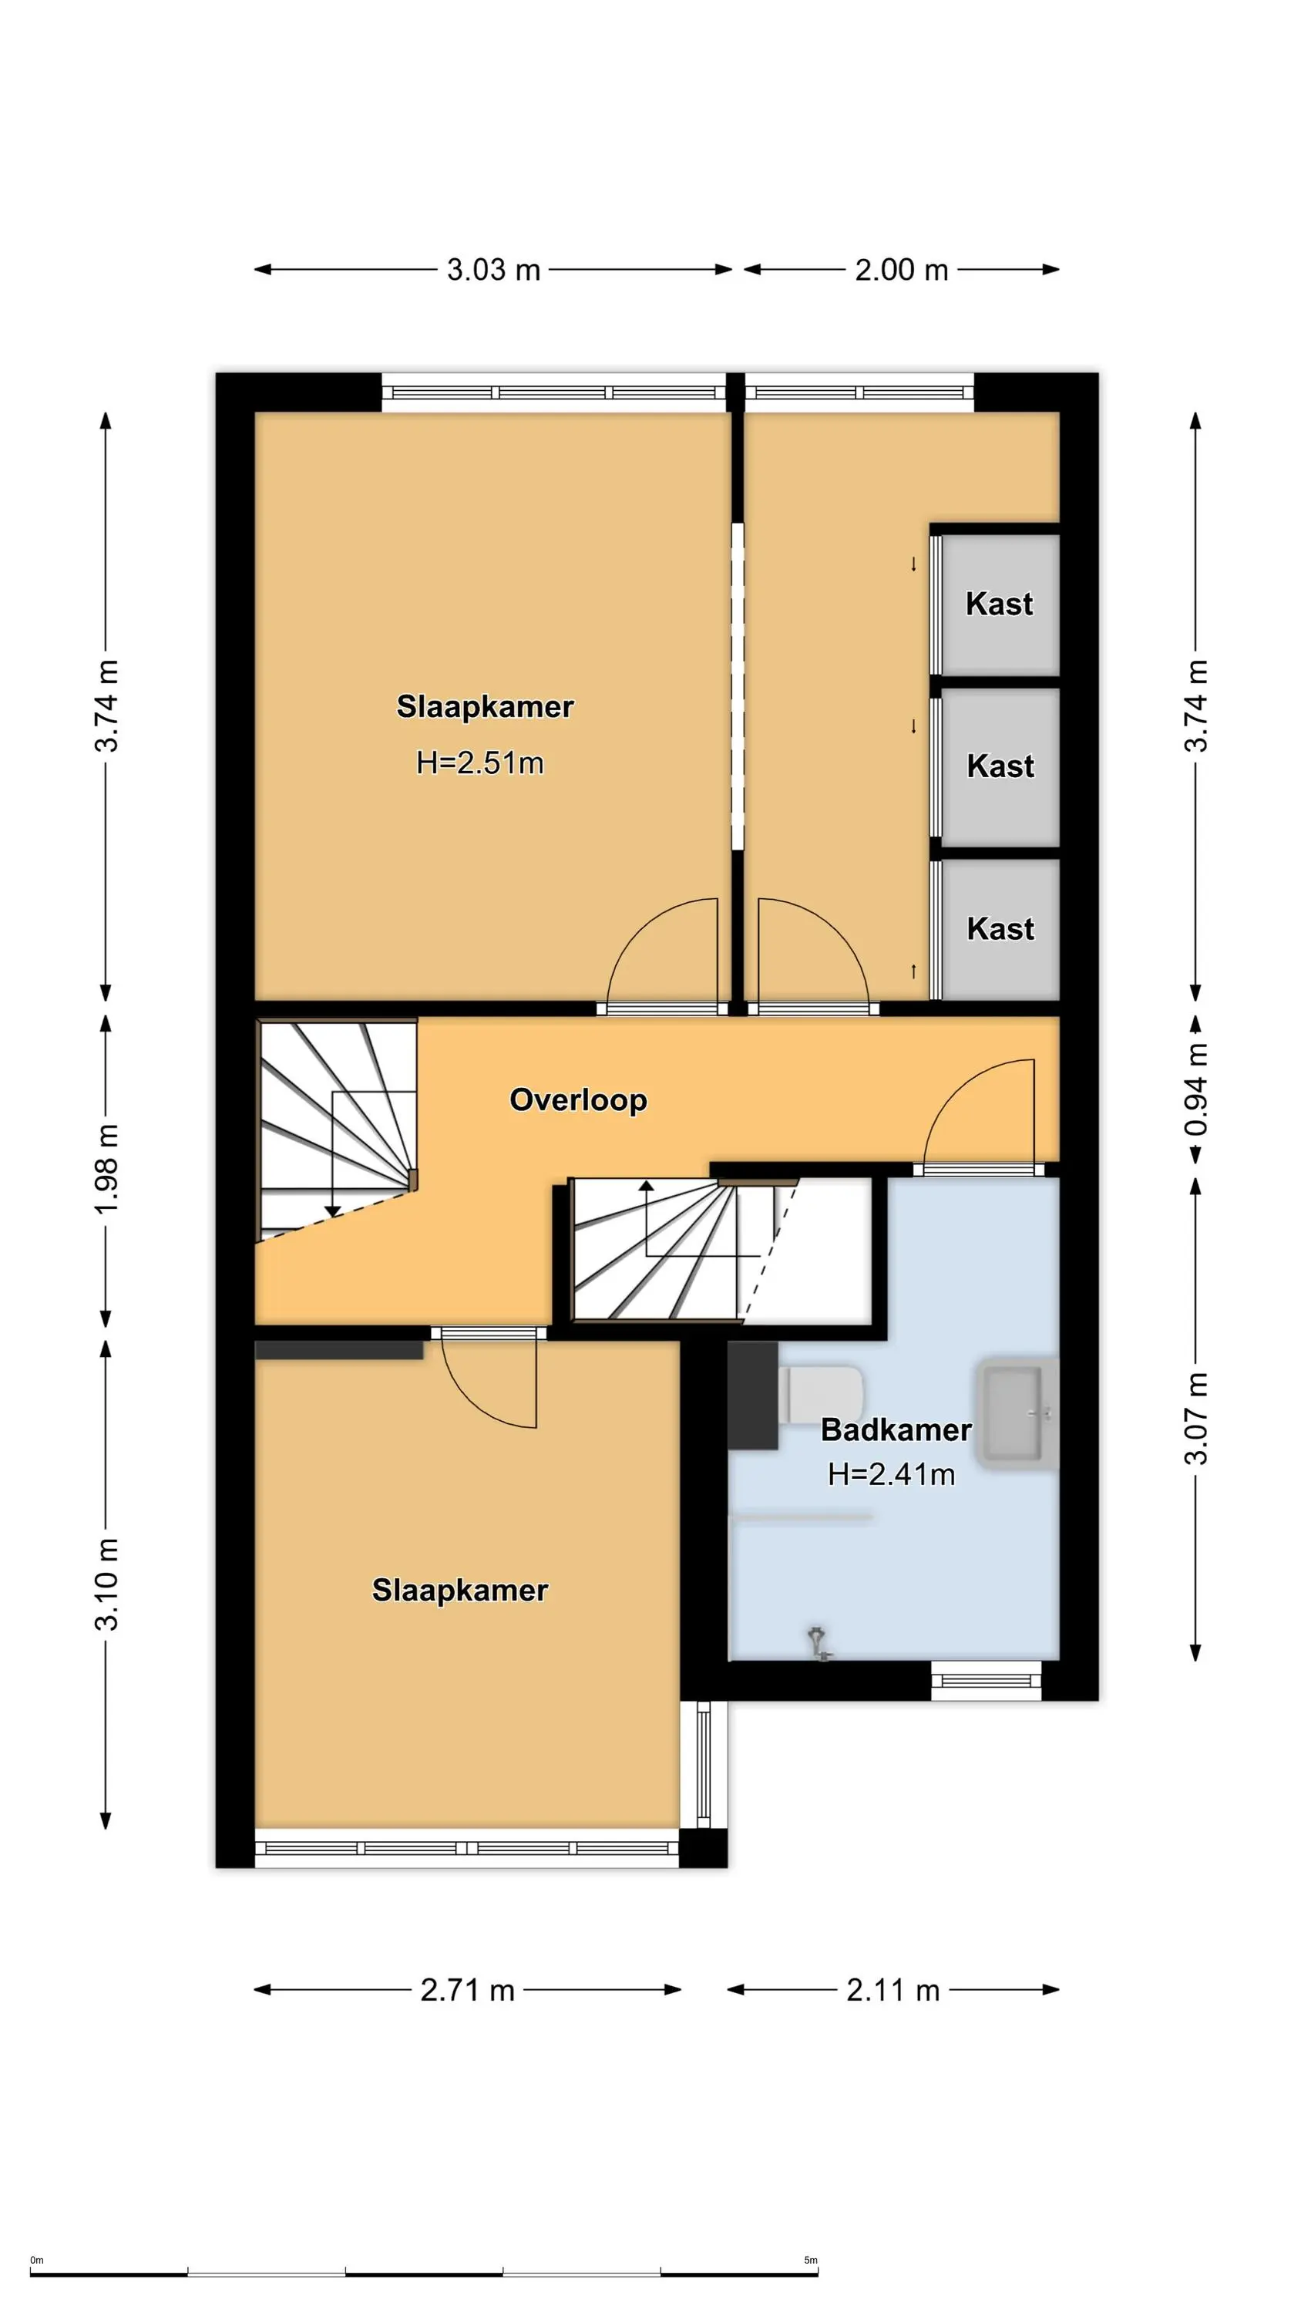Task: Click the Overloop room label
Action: (578, 1100)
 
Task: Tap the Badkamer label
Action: (896, 1429)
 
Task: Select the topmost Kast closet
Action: (1000, 604)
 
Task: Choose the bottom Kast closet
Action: (1000, 928)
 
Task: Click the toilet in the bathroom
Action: (824, 1395)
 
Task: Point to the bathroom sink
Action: (1018, 1414)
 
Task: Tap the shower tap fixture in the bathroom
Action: (819, 1643)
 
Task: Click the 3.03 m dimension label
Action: (494, 269)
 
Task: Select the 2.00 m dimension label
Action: (902, 269)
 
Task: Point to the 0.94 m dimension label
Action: (1196, 1089)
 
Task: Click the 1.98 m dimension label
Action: (106, 1169)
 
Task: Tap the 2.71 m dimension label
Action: (468, 1990)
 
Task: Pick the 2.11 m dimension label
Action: (893, 1990)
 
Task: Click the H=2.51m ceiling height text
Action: (480, 763)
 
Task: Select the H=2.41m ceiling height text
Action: (892, 1474)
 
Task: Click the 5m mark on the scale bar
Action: (811, 2260)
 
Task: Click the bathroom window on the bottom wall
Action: (986, 1681)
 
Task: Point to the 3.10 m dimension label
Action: (106, 1584)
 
